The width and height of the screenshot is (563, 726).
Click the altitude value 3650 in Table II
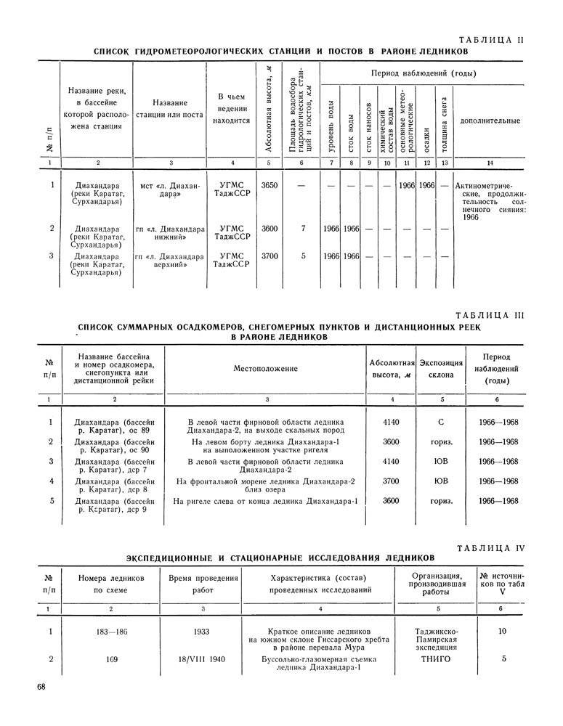[269, 186]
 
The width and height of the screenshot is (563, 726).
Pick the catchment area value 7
[302, 228]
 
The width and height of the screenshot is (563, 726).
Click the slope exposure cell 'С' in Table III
[441, 422]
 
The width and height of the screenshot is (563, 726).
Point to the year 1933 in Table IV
[202, 632]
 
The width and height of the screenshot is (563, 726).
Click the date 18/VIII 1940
[202, 659]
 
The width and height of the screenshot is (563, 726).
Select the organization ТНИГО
[436, 659]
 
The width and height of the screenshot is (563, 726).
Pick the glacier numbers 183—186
[111, 632]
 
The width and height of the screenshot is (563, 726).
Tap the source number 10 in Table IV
[502, 632]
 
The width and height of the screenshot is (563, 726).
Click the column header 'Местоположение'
[266, 369]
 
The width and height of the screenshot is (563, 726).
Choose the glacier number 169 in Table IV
[111, 659]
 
